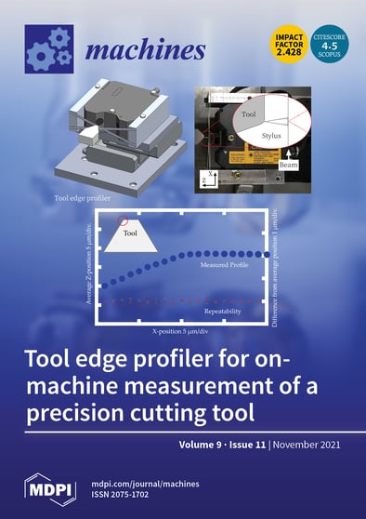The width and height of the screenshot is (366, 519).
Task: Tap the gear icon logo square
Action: pos(48,48)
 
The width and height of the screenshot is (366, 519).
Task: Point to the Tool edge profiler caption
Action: pos(42,198)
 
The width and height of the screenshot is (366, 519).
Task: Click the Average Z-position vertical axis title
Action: pos(87,270)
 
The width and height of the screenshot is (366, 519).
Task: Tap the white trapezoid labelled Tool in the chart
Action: pos(129,238)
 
